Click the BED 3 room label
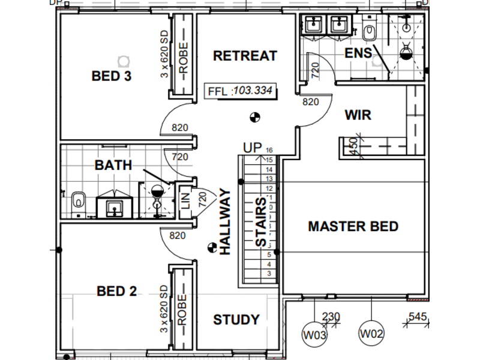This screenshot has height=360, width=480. tap(112, 76)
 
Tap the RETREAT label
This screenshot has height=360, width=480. tap(245, 56)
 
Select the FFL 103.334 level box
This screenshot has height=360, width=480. tap(241, 91)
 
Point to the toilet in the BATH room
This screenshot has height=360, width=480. tap(79, 203)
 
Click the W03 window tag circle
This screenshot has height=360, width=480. tap(314, 335)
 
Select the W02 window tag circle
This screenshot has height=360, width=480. tap(371, 333)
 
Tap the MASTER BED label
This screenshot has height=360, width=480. tap(353, 227)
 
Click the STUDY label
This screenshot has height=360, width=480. tap(236, 320)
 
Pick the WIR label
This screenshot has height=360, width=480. tap(358, 115)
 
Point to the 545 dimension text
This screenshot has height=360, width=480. tap(417, 317)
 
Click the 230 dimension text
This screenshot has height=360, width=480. tap(331, 317)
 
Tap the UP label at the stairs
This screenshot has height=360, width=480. tap(253, 148)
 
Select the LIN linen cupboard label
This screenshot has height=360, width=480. tap(185, 201)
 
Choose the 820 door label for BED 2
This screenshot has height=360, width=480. tap(178, 235)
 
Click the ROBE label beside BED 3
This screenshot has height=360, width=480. tap(183, 58)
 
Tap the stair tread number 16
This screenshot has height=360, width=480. tap(269, 150)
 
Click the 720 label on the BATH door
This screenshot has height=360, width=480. tap(180, 157)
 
